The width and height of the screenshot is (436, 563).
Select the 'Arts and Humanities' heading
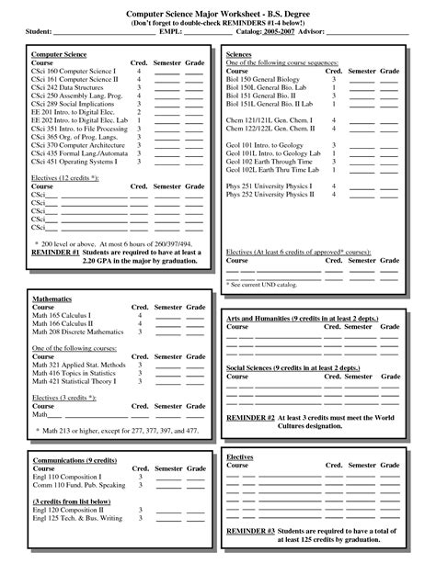260,316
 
